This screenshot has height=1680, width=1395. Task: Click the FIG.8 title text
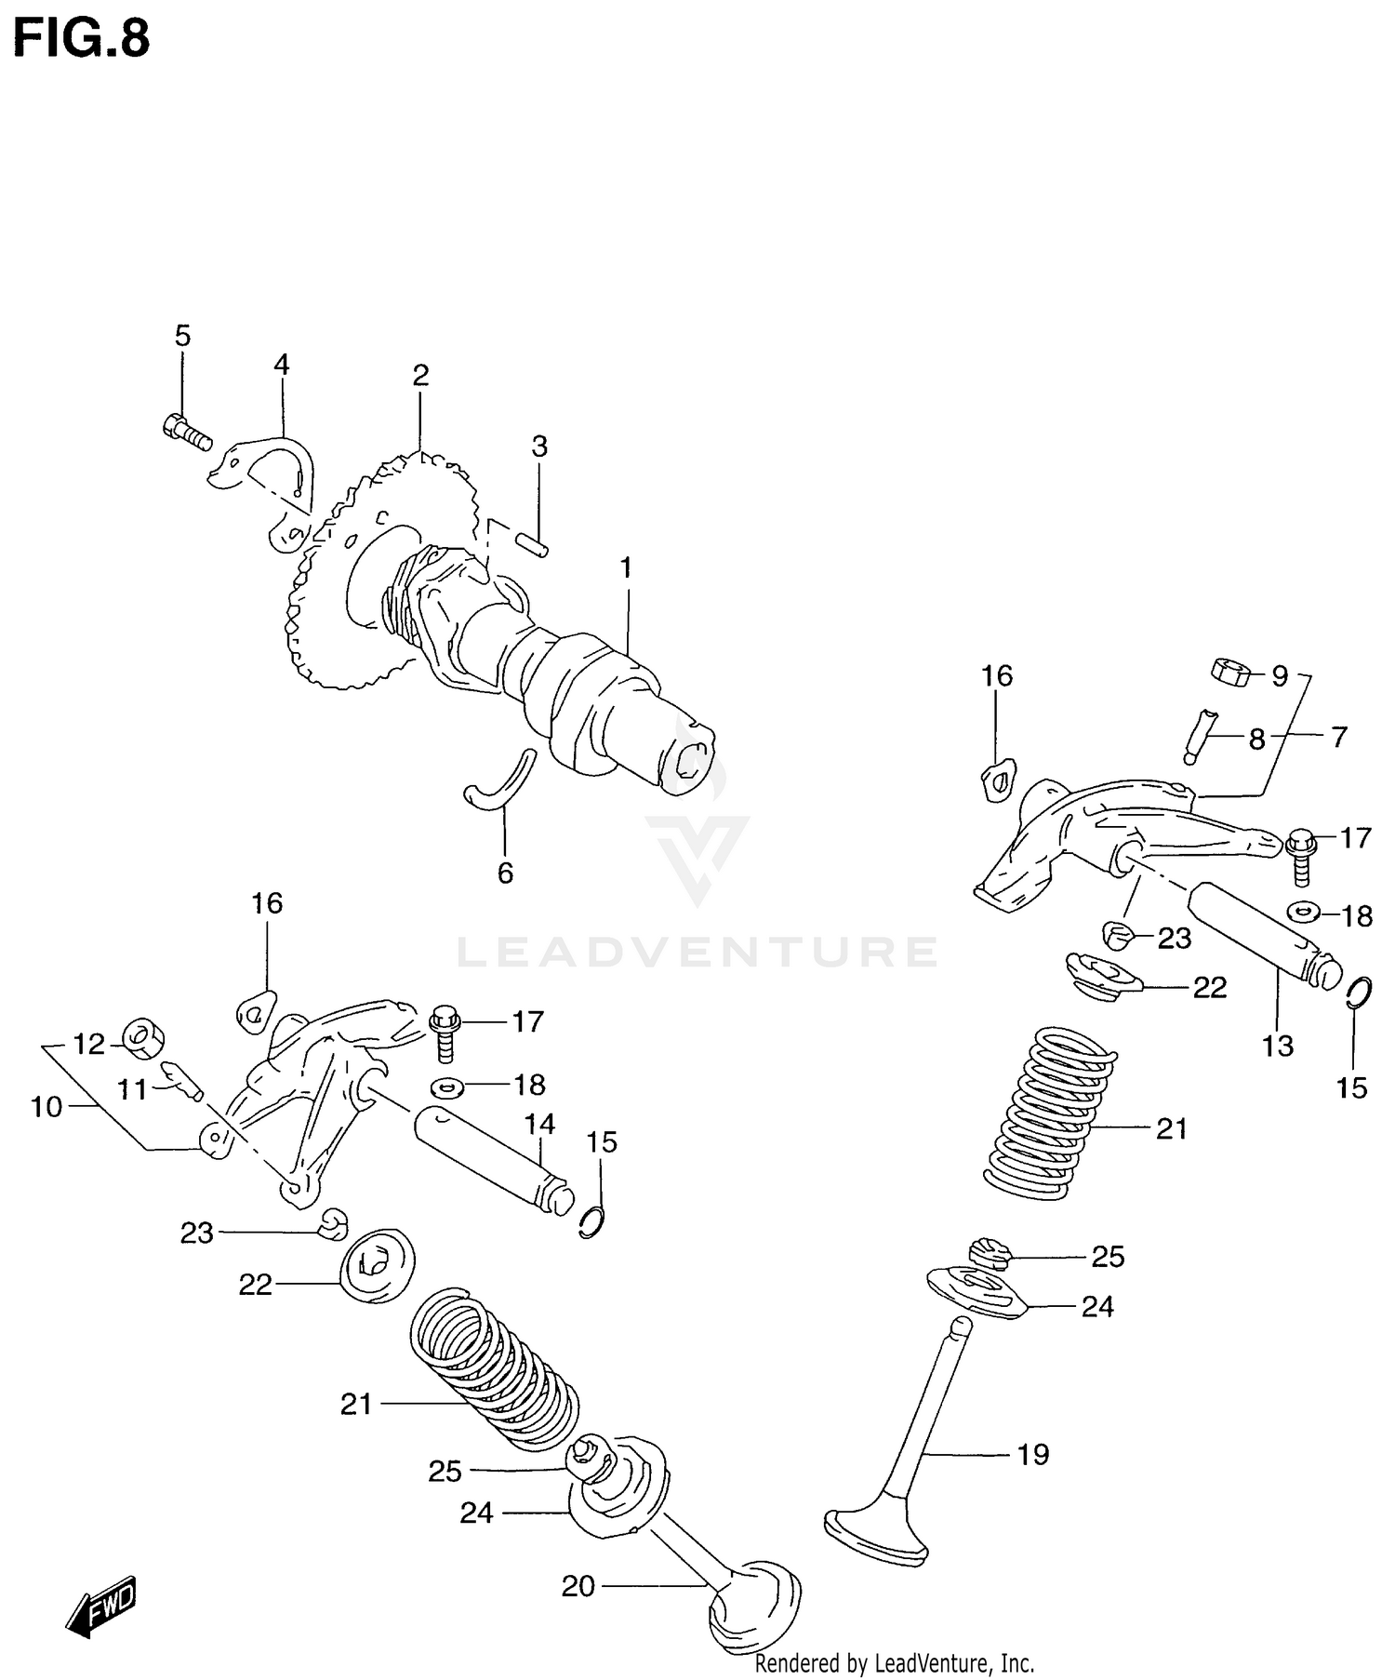81,39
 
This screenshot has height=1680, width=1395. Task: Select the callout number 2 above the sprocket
420,376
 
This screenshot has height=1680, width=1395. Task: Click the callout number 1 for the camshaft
626,567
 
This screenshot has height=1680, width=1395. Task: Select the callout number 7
1337,738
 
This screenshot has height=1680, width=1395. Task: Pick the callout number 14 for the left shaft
538,1124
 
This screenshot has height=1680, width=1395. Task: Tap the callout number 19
1032,1455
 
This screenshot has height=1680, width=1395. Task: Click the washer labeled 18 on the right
1304,911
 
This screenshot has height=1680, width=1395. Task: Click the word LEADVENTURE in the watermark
697,952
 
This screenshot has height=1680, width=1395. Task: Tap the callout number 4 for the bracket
281,365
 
